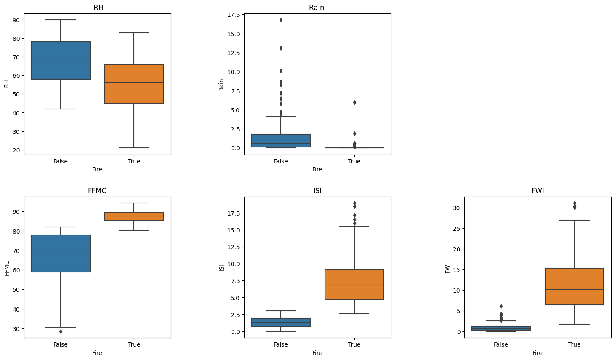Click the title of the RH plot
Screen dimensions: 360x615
point(99,8)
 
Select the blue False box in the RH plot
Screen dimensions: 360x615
point(61,60)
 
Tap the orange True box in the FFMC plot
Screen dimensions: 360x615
point(134,216)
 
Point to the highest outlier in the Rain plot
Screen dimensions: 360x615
point(281,20)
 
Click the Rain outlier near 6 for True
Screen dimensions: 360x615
point(354,102)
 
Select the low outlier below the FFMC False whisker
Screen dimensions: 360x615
point(61,331)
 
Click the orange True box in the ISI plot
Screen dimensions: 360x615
point(354,285)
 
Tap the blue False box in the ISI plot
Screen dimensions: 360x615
point(281,322)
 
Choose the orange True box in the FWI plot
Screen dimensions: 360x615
point(574,286)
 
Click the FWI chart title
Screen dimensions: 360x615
point(538,191)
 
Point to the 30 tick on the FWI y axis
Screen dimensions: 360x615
point(456,208)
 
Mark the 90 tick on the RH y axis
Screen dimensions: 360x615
point(16,20)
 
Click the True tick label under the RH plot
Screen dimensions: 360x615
point(134,161)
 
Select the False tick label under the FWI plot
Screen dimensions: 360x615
point(501,344)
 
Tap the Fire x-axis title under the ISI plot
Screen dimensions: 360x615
point(317,353)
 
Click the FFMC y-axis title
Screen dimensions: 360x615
point(7,268)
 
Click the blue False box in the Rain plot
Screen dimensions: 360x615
point(281,141)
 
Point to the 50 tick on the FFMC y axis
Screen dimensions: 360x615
point(16,290)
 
